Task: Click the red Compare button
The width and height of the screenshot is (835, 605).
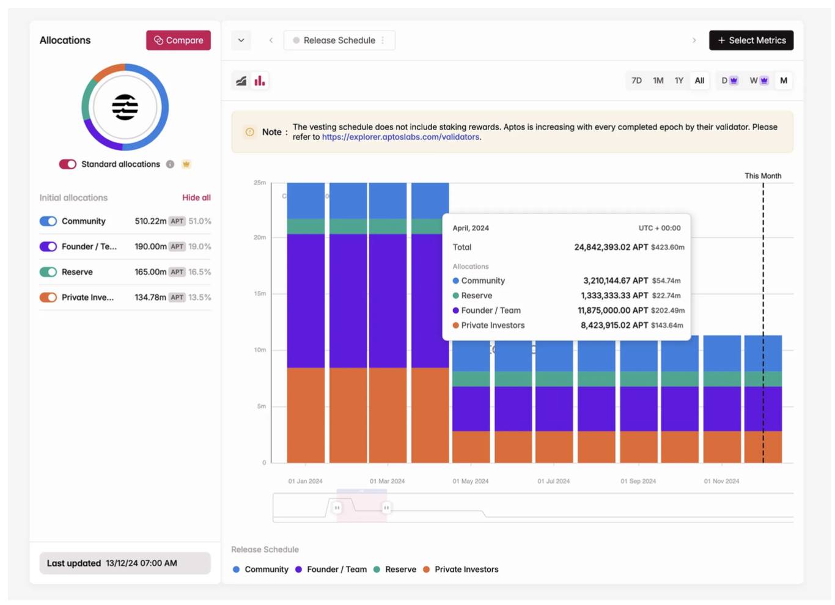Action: point(178,40)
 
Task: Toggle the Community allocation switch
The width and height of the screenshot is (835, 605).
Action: point(48,221)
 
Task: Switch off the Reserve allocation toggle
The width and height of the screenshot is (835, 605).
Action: point(48,272)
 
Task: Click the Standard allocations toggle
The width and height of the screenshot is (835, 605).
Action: point(67,164)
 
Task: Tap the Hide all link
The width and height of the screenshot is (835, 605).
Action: point(196,197)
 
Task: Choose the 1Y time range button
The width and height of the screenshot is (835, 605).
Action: point(679,81)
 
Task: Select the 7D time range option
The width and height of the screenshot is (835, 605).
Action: point(636,81)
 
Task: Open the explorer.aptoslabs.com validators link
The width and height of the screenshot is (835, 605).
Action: point(400,137)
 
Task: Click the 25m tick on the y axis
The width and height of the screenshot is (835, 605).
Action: point(260,183)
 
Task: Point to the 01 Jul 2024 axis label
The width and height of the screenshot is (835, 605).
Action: point(553,481)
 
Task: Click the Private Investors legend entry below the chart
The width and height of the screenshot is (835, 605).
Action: point(466,570)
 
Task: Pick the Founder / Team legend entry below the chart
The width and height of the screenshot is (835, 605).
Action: point(336,570)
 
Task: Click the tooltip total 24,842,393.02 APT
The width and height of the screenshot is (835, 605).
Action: point(611,248)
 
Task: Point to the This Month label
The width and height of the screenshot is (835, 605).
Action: point(762,176)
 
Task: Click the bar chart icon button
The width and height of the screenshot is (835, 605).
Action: point(260,81)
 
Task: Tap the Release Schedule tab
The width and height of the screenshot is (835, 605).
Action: point(339,40)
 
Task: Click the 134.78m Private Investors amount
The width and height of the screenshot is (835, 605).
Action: point(150,298)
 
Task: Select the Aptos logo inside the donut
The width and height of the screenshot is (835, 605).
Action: point(125,108)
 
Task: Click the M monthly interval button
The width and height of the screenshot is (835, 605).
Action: point(783,81)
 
